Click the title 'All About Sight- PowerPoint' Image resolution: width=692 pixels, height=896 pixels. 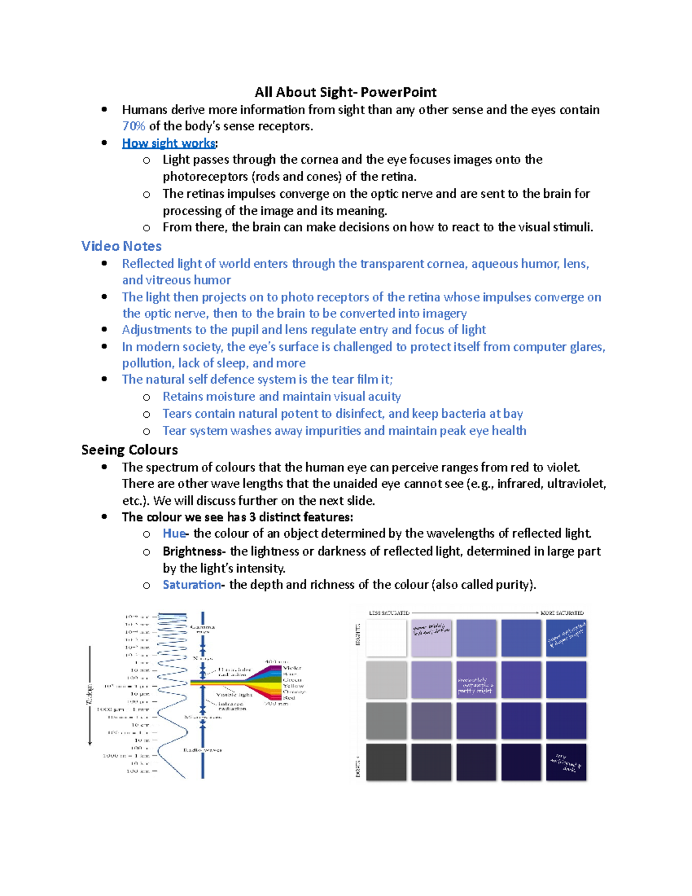345,92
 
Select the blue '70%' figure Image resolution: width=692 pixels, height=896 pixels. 133,126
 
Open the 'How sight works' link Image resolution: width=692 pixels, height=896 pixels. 168,143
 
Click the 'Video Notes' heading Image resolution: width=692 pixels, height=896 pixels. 121,246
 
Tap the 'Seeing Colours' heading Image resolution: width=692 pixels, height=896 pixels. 129,450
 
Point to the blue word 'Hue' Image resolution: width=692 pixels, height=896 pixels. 174,534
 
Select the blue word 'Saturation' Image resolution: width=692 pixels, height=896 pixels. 191,585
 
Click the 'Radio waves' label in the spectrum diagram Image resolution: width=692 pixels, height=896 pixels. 202,750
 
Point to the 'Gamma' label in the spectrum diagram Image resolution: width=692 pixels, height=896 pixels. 202,627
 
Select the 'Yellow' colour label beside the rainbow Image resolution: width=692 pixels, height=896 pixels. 294,686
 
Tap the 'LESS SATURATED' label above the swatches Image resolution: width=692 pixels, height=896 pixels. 389,613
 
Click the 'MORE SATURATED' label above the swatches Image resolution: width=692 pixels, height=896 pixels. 562,613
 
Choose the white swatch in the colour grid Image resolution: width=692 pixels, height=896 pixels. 386,638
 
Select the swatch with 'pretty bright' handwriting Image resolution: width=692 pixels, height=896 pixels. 431,638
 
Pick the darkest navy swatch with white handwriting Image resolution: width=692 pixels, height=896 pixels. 566,762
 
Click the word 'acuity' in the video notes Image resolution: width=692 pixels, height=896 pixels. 384,397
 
